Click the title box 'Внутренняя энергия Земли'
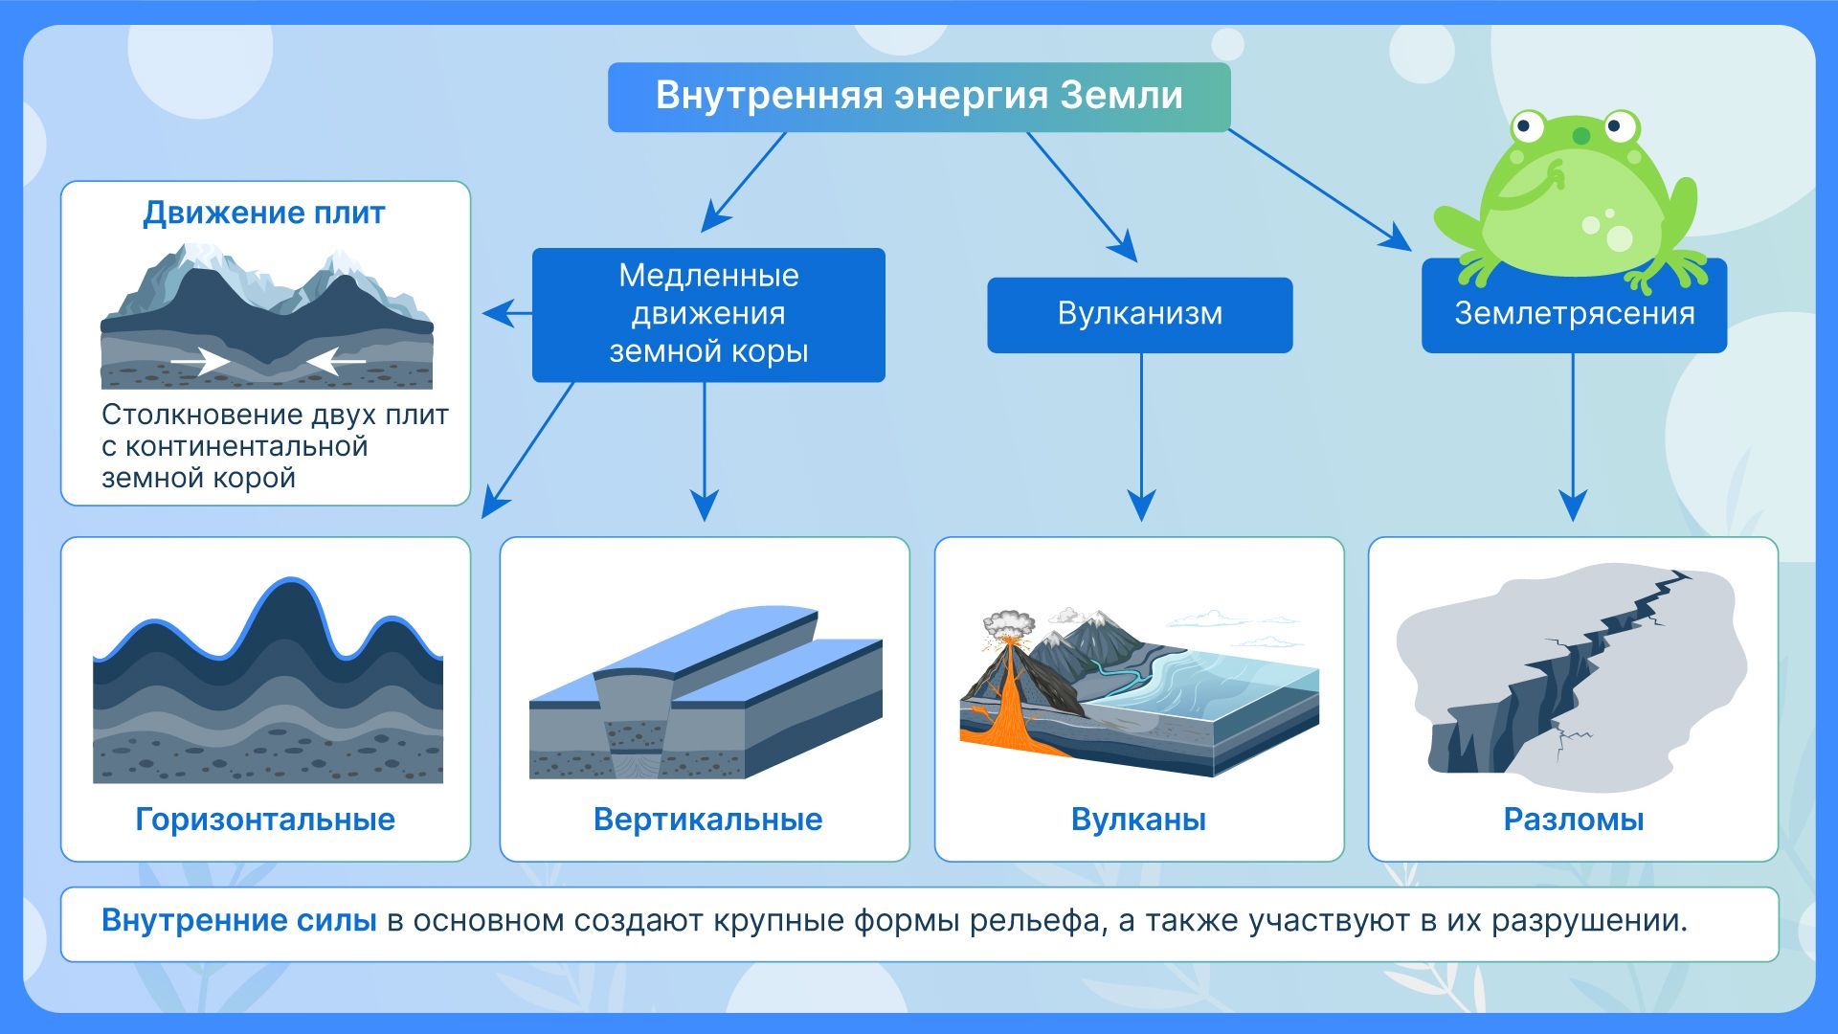919,97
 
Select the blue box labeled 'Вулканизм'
1139,314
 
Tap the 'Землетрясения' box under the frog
1574,314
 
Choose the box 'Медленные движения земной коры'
708,314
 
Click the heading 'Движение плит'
264,213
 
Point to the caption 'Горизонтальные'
265,820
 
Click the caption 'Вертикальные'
707,820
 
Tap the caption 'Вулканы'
1138,820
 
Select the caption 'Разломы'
1574,820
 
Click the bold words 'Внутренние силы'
238,921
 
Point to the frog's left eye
1529,125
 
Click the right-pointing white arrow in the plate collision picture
201,361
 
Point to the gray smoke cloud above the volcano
1009,624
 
